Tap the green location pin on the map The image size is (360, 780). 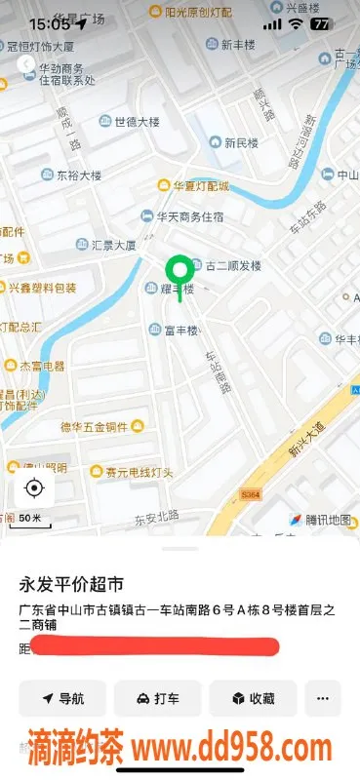(x=179, y=271)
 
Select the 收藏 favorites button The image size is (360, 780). (x=253, y=698)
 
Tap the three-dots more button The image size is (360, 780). (x=323, y=698)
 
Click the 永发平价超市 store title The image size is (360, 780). (x=72, y=585)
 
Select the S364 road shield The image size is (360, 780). (x=251, y=495)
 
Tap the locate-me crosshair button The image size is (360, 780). (x=34, y=487)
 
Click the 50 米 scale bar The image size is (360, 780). (x=30, y=518)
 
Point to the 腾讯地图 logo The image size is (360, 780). (x=320, y=520)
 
